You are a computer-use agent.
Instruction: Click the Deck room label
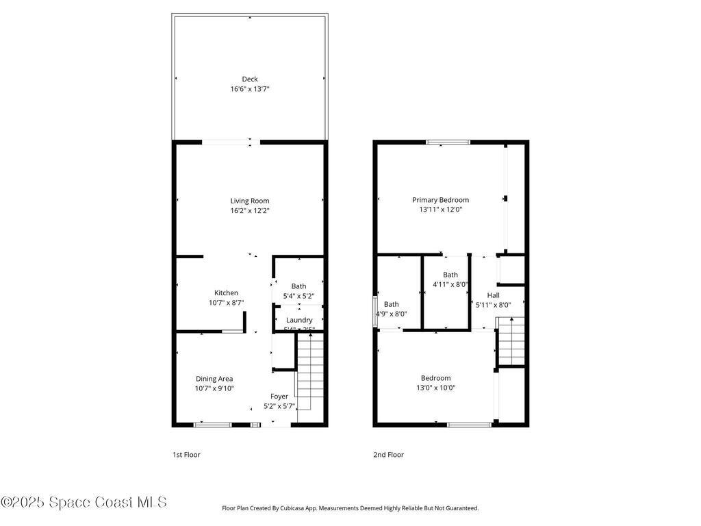coord(249,79)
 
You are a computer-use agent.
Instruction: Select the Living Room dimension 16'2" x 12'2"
coord(249,211)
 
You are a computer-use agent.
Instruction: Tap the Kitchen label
coord(226,292)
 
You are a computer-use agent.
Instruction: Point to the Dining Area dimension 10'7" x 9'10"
coord(214,389)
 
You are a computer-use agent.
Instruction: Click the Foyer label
coord(279,396)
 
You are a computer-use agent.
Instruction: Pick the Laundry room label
coord(299,320)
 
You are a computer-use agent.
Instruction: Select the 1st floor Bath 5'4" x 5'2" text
coord(298,297)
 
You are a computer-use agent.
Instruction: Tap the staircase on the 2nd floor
coord(509,342)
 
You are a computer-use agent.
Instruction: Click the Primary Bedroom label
coord(440,200)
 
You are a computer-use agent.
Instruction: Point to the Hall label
coord(493,295)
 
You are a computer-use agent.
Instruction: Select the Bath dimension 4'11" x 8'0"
coord(450,284)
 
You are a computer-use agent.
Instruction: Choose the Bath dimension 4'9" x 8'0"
coord(391,314)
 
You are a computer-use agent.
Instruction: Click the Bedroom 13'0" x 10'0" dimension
coord(435,388)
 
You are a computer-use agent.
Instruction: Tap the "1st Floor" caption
coord(186,455)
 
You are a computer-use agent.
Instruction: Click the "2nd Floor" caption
coord(389,455)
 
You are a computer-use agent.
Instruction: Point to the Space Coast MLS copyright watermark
coord(84,502)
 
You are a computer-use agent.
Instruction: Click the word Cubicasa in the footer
coord(309,508)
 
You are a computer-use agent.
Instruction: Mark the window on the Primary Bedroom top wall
coord(448,142)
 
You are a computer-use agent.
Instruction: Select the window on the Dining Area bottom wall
coord(212,425)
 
